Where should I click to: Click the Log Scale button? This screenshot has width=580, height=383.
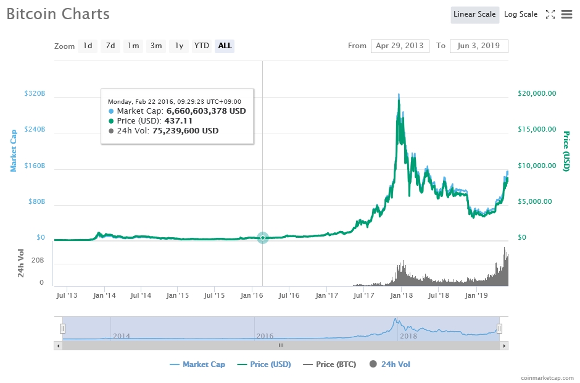pos(520,14)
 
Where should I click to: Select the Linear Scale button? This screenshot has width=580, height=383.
pos(474,14)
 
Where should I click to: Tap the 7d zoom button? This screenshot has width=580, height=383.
pos(110,46)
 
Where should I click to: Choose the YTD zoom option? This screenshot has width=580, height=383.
pos(201,46)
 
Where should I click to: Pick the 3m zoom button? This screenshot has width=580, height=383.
pos(156,46)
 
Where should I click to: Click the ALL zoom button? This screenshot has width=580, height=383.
pos(225,46)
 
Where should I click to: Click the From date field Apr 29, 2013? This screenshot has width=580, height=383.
pos(400,46)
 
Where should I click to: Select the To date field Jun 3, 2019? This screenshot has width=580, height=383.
pos(479,46)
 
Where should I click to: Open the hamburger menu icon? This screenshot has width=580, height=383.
pos(566,14)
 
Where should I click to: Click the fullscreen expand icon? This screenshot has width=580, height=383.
pos(550,14)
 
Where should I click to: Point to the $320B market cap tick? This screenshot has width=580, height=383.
pos(35,94)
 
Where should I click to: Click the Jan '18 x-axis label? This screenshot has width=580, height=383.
pos(401,295)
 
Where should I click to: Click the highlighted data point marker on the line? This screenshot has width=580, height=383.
pos(263,237)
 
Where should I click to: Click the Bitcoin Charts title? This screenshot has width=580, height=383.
pos(58,14)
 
